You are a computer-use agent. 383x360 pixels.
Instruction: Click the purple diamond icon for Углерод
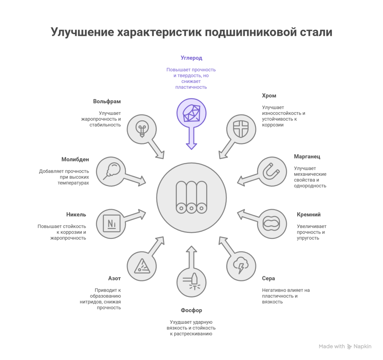click(191, 113)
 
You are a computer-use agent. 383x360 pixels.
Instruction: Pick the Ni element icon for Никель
click(111, 224)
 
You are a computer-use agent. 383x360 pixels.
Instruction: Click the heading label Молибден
click(75, 159)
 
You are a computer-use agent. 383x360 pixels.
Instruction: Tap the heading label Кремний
click(309, 215)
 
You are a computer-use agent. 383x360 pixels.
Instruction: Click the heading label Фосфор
click(191, 310)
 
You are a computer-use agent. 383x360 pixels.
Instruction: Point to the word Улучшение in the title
click(82, 33)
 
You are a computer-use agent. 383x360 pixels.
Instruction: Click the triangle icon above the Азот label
click(141, 266)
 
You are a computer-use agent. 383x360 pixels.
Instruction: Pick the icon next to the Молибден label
click(111, 171)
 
